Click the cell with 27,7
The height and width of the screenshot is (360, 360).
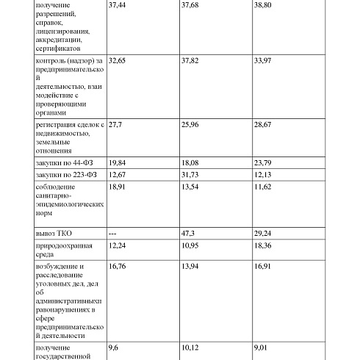pos(115,126)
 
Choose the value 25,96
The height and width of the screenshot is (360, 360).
pos(190,126)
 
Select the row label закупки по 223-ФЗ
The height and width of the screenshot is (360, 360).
pos(66,176)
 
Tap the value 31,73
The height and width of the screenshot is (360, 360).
pos(190,176)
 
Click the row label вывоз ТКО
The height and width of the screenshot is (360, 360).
pos(55,232)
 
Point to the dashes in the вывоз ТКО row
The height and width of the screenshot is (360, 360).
pos(113,232)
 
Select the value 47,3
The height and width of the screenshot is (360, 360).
pos(188,232)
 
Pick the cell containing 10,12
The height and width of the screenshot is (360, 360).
pos(190,348)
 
